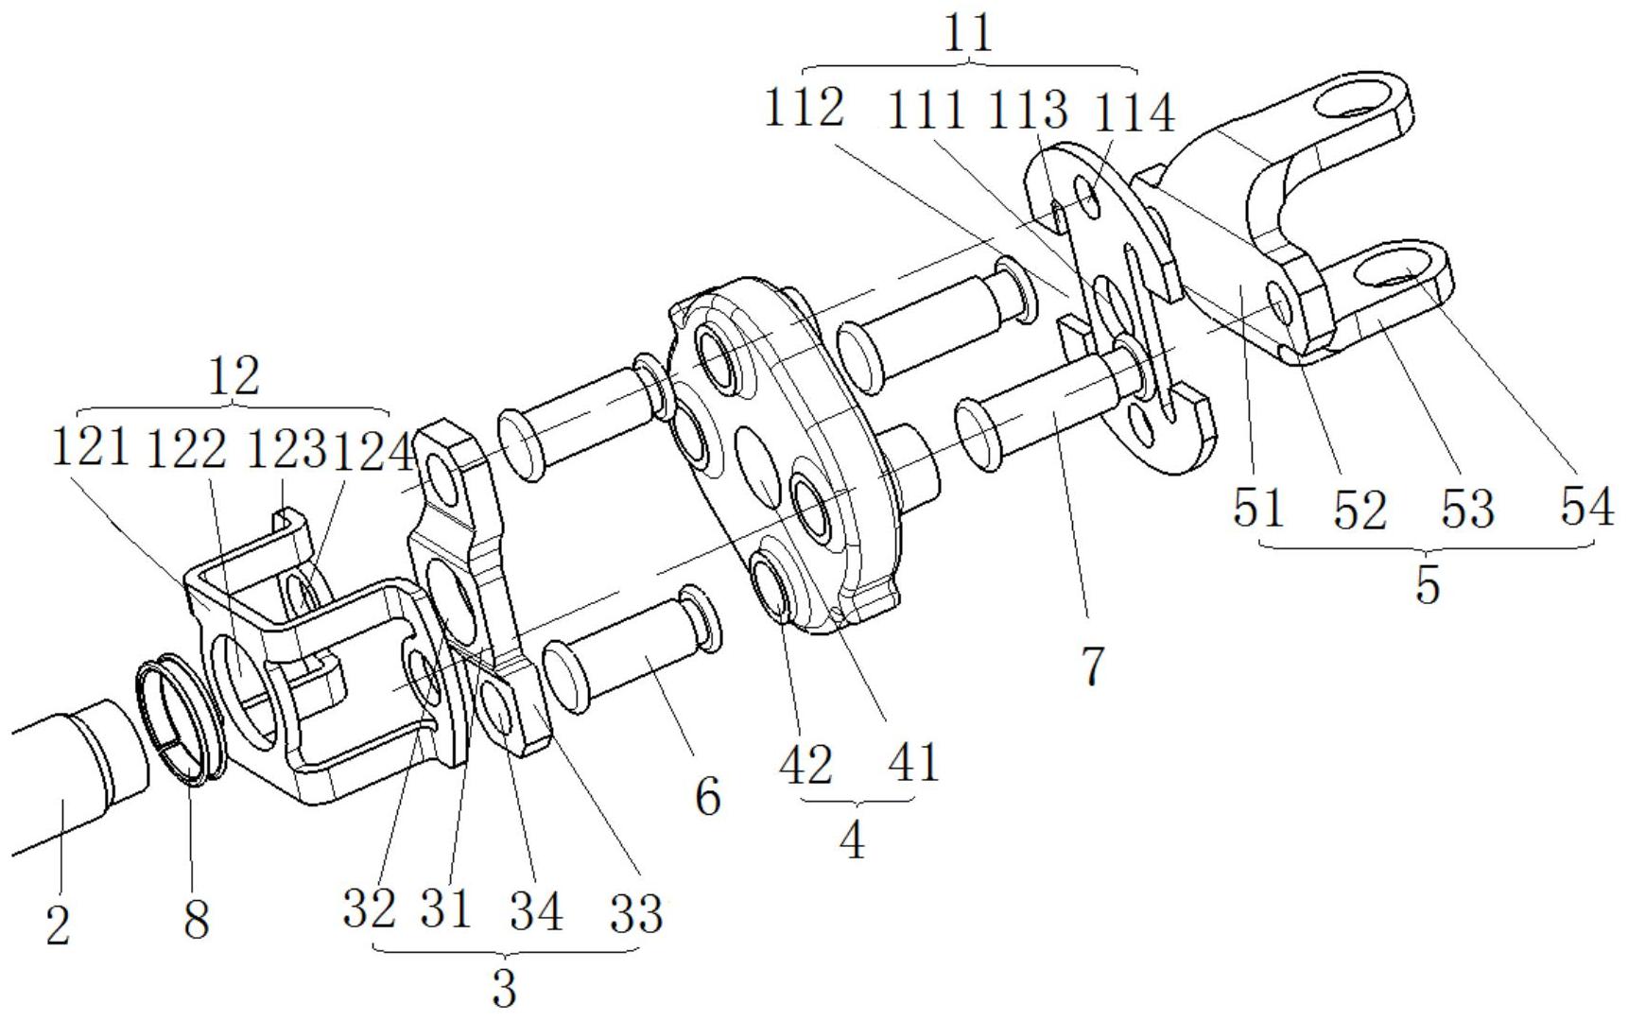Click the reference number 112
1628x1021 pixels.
[805, 109]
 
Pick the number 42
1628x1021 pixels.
[805, 764]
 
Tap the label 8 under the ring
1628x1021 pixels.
[196, 918]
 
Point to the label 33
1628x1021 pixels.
[635, 913]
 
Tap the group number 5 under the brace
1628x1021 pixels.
[1428, 584]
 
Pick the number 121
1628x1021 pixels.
[90, 446]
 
